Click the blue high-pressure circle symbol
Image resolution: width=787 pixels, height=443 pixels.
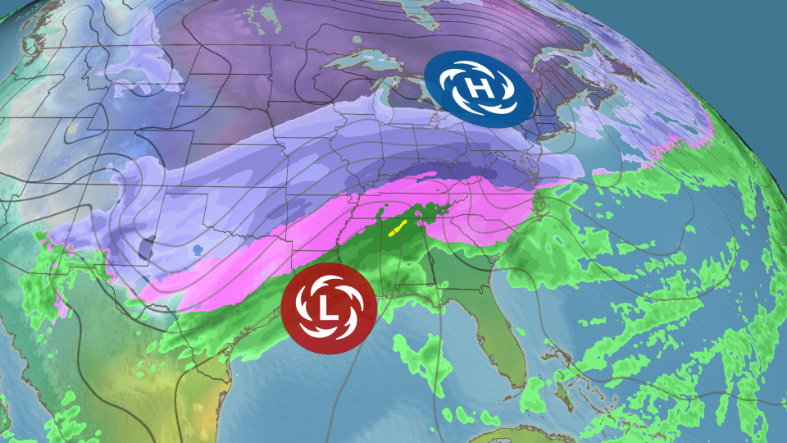[477, 84]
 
